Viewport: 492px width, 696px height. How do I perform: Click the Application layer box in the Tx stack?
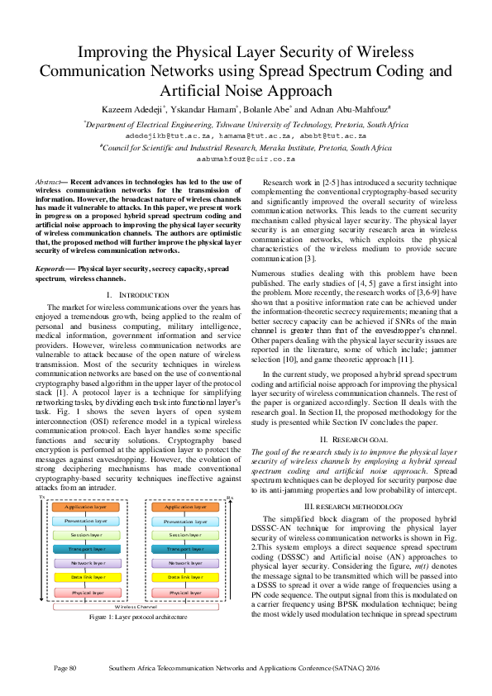(x=86, y=507)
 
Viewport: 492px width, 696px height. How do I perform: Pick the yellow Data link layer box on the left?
(x=86, y=578)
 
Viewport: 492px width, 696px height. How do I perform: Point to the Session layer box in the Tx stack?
(x=86, y=535)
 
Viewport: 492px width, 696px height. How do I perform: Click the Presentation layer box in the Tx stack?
(x=86, y=521)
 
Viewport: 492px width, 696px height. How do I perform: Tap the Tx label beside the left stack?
(x=41, y=498)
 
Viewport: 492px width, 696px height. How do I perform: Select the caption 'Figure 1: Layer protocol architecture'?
(x=137, y=617)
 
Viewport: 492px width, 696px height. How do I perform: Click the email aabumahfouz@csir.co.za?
(x=246, y=158)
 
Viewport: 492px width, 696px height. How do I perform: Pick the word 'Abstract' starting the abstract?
(x=48, y=179)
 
